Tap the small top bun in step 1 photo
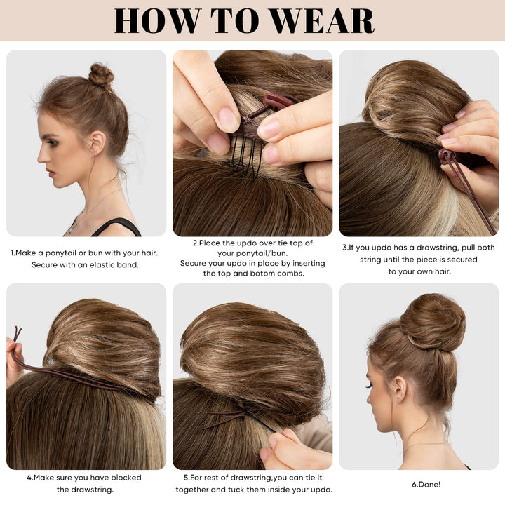pos(101,74)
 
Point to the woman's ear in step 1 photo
pos(97,143)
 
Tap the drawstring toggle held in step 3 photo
pos(446,156)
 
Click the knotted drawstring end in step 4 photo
pos(16,332)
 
